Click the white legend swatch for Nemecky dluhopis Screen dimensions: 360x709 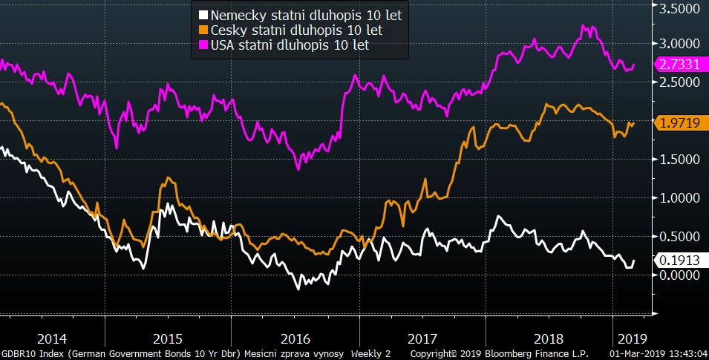coord(203,15)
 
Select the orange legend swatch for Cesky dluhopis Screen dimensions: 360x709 coord(203,30)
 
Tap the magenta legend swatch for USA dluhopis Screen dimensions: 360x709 coord(203,46)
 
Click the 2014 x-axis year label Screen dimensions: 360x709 coord(53,336)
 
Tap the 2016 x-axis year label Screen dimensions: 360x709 coord(296,336)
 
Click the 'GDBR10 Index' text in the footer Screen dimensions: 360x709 coord(32,353)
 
